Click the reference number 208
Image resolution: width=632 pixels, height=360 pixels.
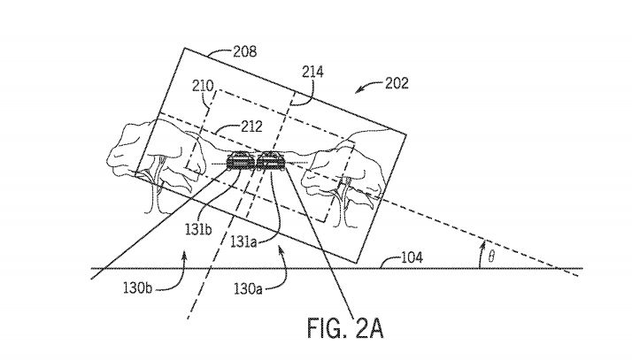[x=245, y=51]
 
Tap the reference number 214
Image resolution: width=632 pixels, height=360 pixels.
[x=312, y=72]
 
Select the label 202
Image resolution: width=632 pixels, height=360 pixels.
[x=397, y=83]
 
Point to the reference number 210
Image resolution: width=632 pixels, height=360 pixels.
[x=203, y=86]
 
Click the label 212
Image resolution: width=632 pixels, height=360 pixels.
[x=251, y=126]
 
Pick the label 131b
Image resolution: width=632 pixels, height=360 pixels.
[x=198, y=229]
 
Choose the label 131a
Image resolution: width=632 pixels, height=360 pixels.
[x=243, y=241]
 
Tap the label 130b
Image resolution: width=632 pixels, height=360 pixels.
[x=137, y=288]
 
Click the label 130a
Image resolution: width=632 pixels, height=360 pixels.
[x=248, y=288]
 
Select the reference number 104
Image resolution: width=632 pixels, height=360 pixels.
[x=412, y=257]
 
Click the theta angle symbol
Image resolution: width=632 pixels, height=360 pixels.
[x=491, y=256]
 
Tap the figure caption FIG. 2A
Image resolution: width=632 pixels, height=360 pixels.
[x=345, y=328]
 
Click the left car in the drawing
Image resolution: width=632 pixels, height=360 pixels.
[x=241, y=161]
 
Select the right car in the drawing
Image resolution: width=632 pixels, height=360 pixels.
[x=271, y=160]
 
